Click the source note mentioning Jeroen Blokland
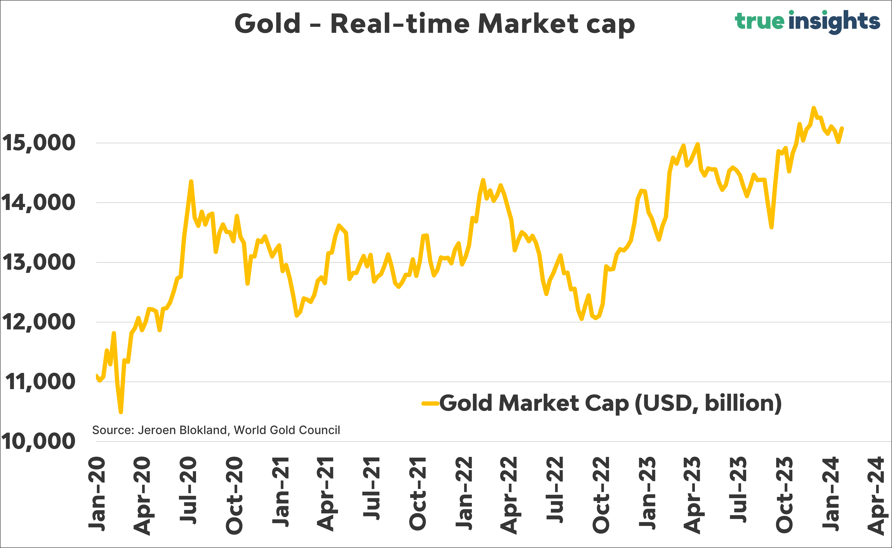[216, 430]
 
